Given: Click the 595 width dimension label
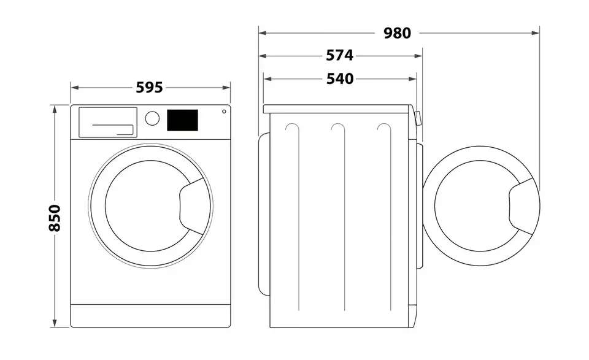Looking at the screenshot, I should [x=149, y=88].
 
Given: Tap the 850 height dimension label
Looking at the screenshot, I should [x=55, y=218].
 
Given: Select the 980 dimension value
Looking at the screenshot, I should [x=398, y=33].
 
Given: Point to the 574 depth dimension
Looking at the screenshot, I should [x=339, y=56].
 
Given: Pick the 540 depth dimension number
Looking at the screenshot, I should [x=339, y=79].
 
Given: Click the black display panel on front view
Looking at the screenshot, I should [x=183, y=120].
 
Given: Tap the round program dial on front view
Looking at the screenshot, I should [x=152, y=117].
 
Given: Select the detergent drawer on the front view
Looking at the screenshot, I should [x=107, y=121].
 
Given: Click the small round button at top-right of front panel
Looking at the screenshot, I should [x=224, y=112].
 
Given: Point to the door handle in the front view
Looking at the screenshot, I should [x=191, y=202].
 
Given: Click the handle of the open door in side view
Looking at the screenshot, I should [x=523, y=205].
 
